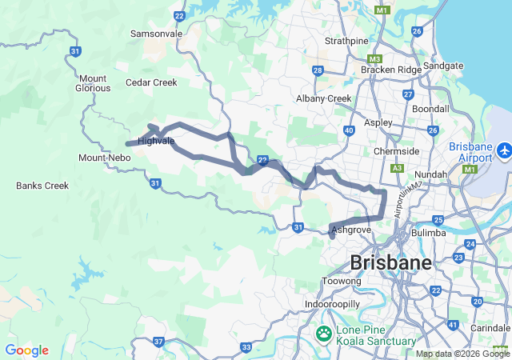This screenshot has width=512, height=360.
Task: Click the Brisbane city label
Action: [391, 262]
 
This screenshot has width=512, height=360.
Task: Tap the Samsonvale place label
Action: [157, 34]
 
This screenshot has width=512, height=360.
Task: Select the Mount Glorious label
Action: [94, 83]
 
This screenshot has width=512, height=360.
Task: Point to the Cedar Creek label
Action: [151, 82]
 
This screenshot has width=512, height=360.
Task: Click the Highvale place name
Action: [156, 141]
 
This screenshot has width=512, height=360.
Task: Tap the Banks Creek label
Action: [42, 186]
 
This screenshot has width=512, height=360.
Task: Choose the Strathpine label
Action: [346, 40]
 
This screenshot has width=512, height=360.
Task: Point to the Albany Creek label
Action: [324, 98]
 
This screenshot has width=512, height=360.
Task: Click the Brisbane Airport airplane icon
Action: [505, 150]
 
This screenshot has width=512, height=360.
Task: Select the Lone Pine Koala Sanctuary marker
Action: [325, 333]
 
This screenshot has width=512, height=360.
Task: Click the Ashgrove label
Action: [351, 230]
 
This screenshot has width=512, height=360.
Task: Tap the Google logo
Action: [26, 350]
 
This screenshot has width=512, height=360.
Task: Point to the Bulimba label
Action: [430, 233]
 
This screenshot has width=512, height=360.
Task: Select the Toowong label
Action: [342, 282]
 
